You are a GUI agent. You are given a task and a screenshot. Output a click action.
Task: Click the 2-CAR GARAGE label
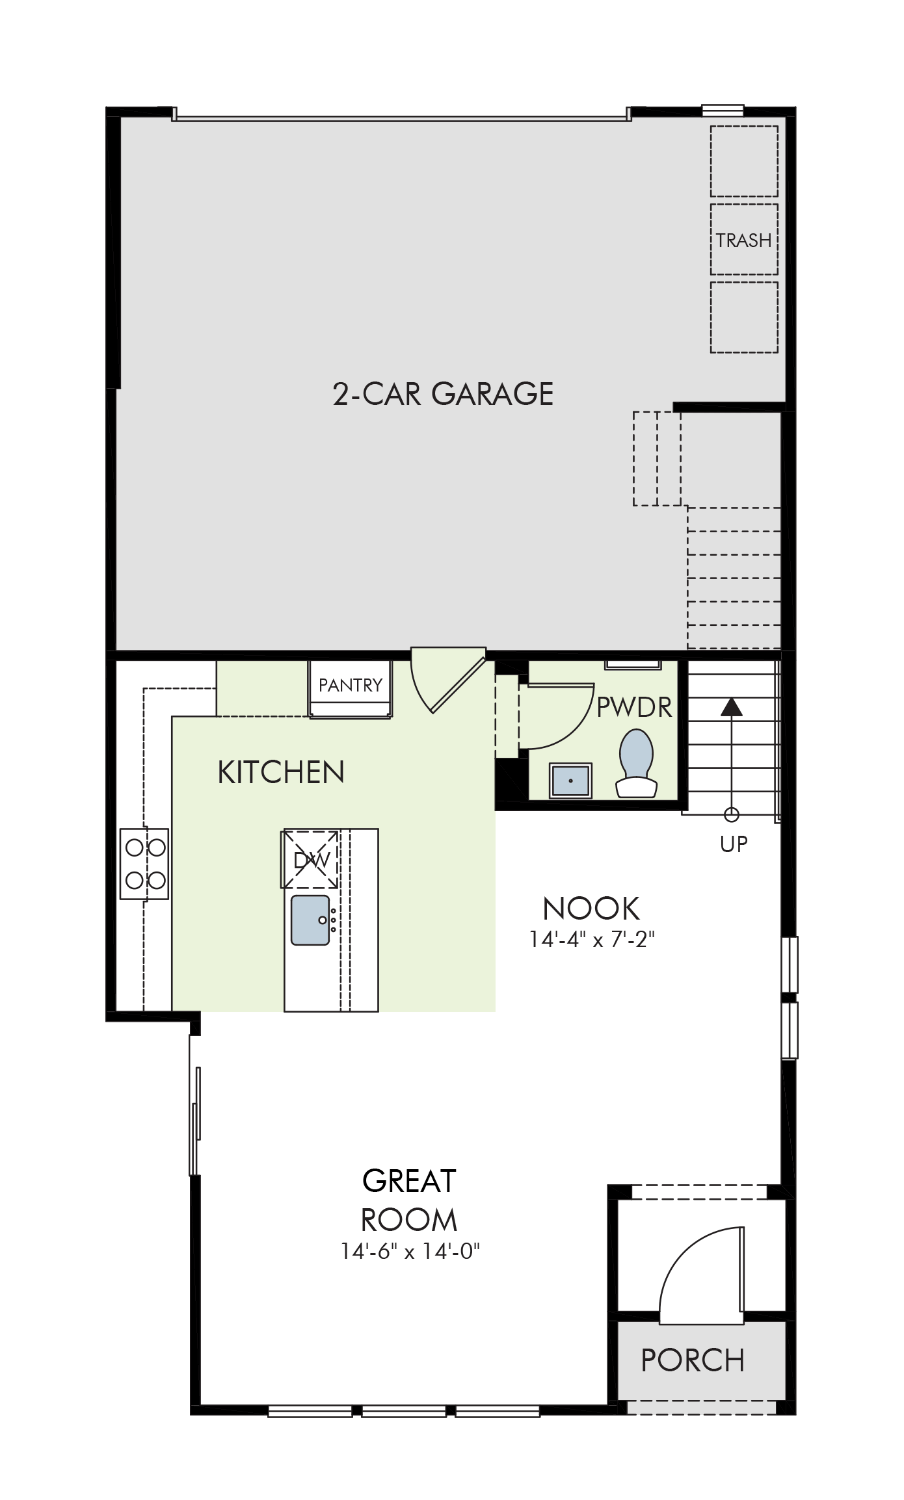click(x=443, y=394)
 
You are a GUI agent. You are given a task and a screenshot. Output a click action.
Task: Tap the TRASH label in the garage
click(x=744, y=240)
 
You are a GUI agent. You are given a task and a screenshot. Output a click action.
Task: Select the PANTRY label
click(x=351, y=685)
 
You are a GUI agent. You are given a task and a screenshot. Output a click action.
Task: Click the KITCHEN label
click(x=281, y=772)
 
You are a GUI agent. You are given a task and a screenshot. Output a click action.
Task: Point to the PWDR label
click(x=634, y=707)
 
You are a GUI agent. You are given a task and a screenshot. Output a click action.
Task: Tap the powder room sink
click(x=570, y=780)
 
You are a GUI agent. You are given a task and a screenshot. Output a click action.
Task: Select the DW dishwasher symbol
click(x=310, y=859)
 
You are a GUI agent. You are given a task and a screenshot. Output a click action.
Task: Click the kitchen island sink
click(x=310, y=920)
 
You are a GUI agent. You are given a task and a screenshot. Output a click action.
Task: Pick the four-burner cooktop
click(x=144, y=864)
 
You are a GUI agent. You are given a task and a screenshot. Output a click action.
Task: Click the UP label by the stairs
click(x=734, y=844)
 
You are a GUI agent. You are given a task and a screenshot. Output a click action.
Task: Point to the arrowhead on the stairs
click(x=732, y=706)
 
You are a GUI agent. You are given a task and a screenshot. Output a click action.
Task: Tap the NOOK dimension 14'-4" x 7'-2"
click(x=592, y=940)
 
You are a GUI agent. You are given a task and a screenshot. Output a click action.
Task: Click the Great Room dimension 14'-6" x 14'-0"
click(x=410, y=1251)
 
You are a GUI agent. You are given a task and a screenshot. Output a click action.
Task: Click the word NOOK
click(x=591, y=909)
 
